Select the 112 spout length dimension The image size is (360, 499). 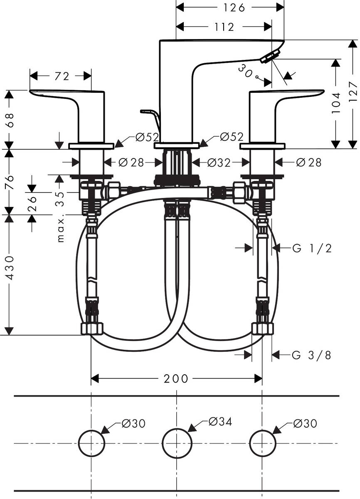[x=225, y=27]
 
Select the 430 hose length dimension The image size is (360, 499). [x=9, y=268]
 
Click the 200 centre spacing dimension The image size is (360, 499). [x=176, y=378]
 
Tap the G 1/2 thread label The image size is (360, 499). [x=312, y=248]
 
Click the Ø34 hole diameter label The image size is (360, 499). [x=220, y=422]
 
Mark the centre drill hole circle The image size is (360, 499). [x=177, y=443]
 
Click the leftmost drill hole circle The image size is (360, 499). [x=91, y=443]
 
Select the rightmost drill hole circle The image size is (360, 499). [x=262, y=443]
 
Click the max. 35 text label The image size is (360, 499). [x=61, y=216]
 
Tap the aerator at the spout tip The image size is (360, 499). [x=269, y=57]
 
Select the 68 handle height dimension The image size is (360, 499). [x=9, y=120]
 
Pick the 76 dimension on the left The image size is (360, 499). [x=9, y=182]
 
